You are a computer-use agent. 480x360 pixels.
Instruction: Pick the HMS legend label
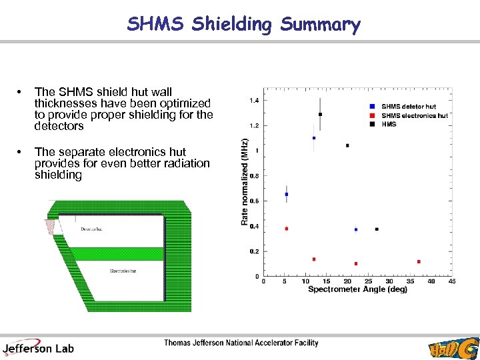389,123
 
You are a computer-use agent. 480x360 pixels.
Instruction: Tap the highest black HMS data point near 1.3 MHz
320,114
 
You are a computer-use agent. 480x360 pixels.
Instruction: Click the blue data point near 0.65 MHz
287,194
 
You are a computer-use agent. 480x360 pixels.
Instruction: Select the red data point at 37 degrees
419,261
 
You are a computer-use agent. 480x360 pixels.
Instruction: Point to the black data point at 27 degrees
377,229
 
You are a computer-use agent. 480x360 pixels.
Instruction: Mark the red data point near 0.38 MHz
287,229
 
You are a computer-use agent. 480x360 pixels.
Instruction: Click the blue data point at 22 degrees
356,229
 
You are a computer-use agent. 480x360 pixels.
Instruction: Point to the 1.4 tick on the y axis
254,101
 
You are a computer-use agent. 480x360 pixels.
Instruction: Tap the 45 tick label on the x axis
452,281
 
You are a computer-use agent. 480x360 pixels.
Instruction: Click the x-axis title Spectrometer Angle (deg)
357,289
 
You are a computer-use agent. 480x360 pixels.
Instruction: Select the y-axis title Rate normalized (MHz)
245,181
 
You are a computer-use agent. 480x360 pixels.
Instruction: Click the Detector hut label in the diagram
91,229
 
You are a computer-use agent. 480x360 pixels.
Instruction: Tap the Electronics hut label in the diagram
123,271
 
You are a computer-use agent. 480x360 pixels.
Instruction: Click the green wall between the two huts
110,253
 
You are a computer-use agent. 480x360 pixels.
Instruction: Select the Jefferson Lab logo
38,347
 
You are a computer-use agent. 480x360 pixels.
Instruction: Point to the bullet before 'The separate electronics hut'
22,152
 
